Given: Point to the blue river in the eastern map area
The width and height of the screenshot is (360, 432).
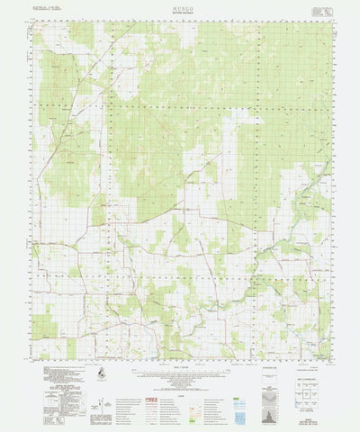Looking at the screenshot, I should coord(297,270).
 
